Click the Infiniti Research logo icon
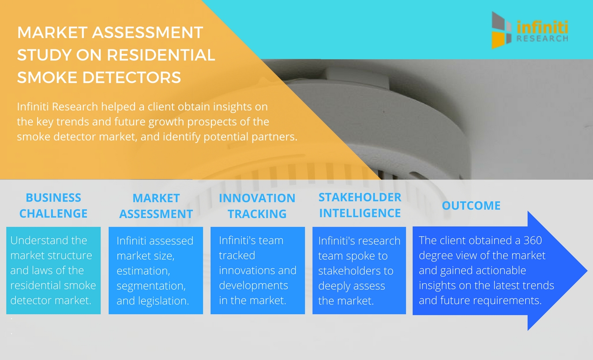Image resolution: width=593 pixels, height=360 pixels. coord(501,30)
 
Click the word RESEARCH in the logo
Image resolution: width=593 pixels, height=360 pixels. coord(542,39)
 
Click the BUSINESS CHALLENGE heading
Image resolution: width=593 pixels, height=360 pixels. coord(53,206)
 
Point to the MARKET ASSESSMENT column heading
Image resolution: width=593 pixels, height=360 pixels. coord(156,206)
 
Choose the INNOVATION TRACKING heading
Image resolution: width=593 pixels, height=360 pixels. coord(257,206)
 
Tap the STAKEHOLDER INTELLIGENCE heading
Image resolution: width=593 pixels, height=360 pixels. coord(360,205)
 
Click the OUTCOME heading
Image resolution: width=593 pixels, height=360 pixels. coord(471,206)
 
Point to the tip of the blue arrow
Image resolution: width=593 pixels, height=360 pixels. coord(587,270)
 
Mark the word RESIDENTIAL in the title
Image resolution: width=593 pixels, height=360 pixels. coord(161,55)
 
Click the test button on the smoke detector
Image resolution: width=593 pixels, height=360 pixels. coord(357,78)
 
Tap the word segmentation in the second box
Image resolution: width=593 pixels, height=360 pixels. coord(151,286)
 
